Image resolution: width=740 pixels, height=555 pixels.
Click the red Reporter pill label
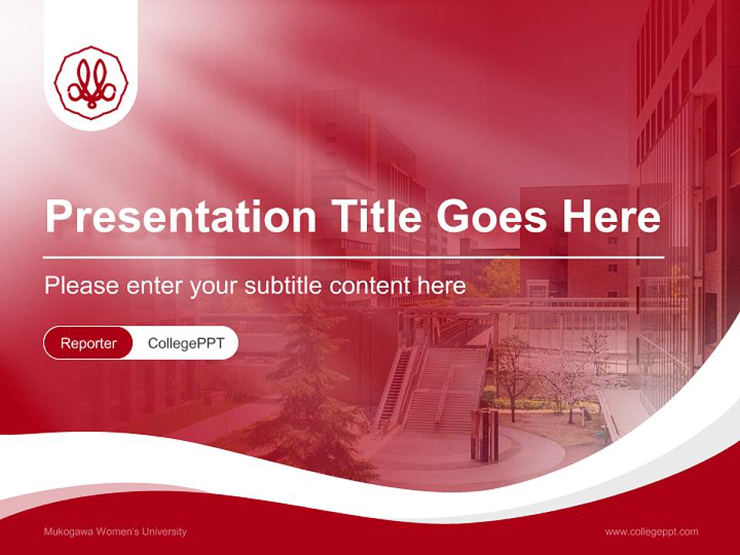(x=89, y=343)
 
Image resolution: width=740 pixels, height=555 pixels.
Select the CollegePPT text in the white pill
(x=186, y=343)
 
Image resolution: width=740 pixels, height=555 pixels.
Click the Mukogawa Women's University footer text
(x=116, y=531)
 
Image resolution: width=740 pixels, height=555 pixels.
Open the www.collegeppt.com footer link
(x=651, y=531)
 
